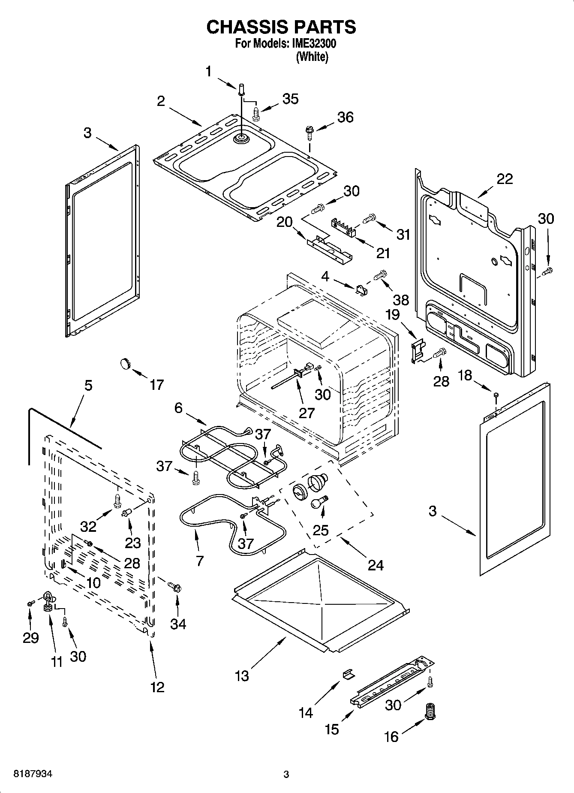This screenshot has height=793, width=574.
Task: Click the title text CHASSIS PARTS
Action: (x=281, y=27)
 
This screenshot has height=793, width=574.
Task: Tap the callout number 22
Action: (x=504, y=178)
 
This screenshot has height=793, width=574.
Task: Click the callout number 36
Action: (x=345, y=117)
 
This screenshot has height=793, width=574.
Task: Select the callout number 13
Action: (x=242, y=676)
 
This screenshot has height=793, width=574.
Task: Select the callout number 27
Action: (x=307, y=413)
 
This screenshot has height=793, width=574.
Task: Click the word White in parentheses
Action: (x=312, y=57)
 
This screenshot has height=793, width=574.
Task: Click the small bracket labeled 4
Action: (x=362, y=290)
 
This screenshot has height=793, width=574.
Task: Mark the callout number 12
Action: (x=157, y=687)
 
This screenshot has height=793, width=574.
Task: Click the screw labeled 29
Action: (x=30, y=603)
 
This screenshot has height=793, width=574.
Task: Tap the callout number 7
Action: (x=200, y=561)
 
